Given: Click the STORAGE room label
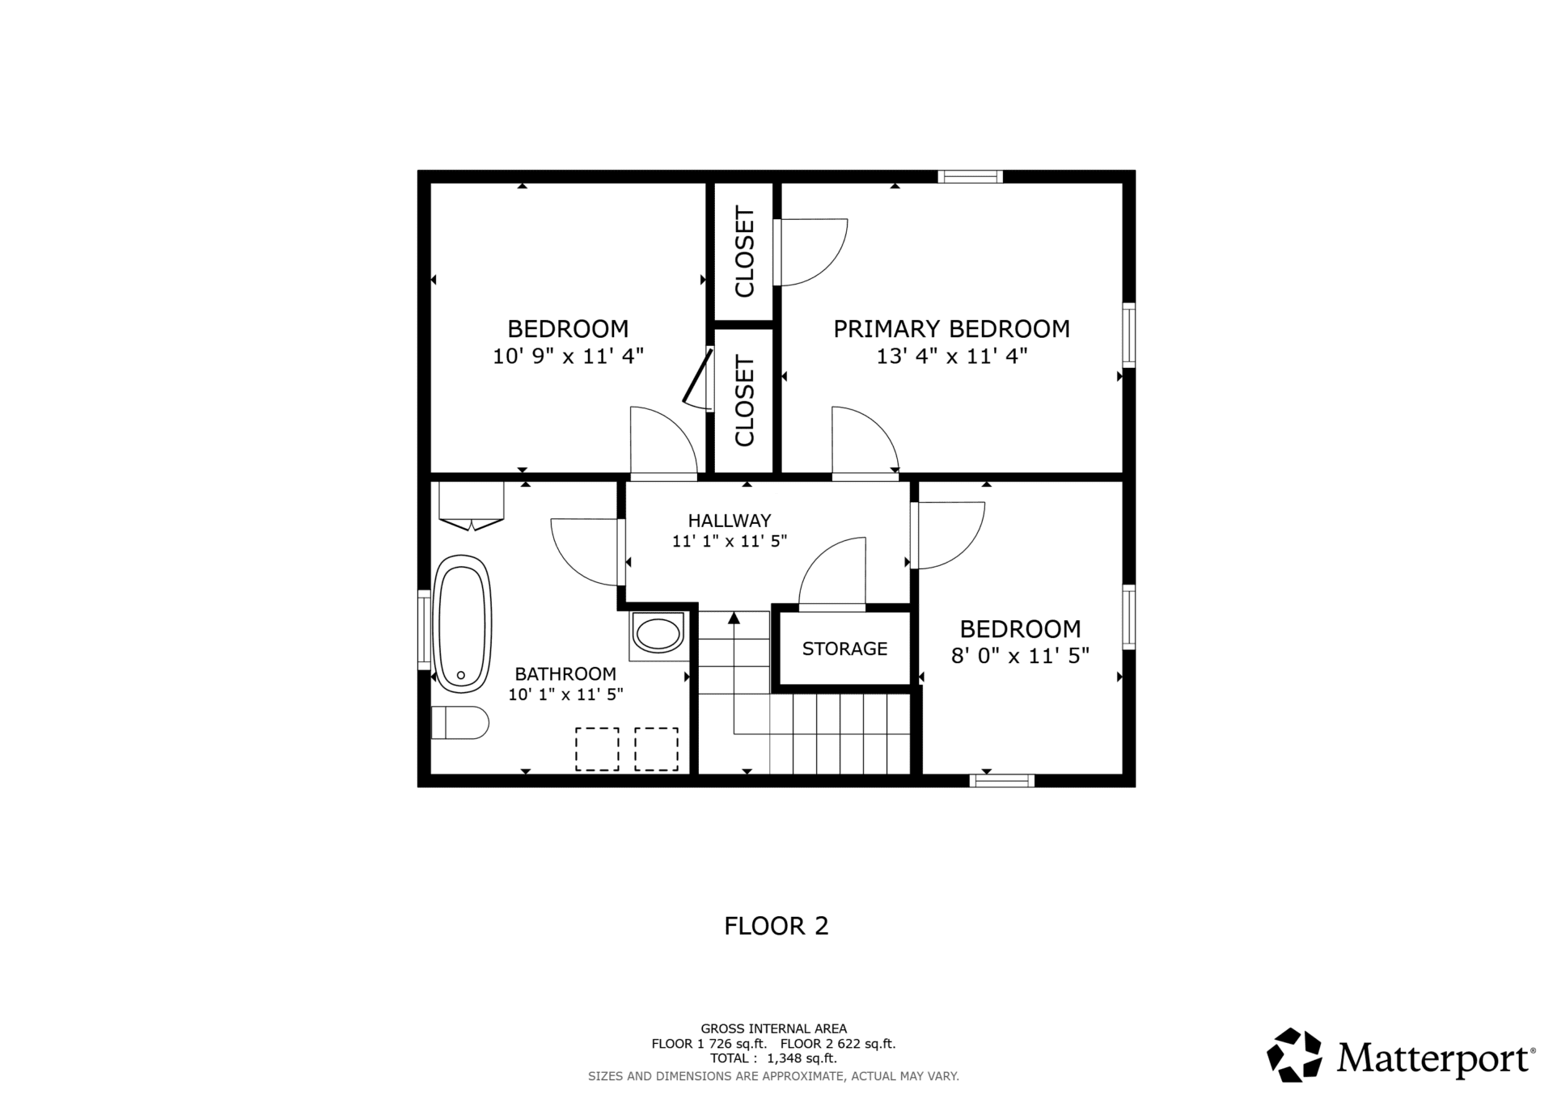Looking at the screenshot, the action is pyautogui.click(x=844, y=648).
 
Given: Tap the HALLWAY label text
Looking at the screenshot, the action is pyautogui.click(x=730, y=521).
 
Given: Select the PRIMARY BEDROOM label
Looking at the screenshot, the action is pyautogui.click(x=951, y=329).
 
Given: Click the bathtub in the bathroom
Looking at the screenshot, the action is pyautogui.click(x=463, y=623).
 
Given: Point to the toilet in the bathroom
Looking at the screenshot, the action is pyautogui.click(x=459, y=722).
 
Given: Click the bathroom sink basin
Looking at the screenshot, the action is pyautogui.click(x=658, y=635).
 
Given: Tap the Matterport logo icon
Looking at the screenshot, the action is pyautogui.click(x=1294, y=1054).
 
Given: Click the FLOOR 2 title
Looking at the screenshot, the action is pyautogui.click(x=776, y=926).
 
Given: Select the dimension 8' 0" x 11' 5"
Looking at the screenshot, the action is pyautogui.click(x=1020, y=656).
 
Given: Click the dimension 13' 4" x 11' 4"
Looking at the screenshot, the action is pyautogui.click(x=952, y=356).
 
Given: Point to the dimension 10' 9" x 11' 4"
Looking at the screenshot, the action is pyautogui.click(x=568, y=356).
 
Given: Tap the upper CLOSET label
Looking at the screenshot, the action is pyautogui.click(x=744, y=251).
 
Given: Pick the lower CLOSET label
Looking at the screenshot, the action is pyautogui.click(x=744, y=401).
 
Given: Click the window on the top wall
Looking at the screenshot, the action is pyautogui.click(x=970, y=176).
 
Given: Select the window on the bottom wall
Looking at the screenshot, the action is pyautogui.click(x=1002, y=780).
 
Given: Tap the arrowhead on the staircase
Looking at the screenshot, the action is pyautogui.click(x=734, y=618).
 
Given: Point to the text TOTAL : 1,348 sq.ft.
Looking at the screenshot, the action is pyautogui.click(x=773, y=1058).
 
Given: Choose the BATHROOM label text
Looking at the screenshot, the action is pyautogui.click(x=565, y=674).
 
